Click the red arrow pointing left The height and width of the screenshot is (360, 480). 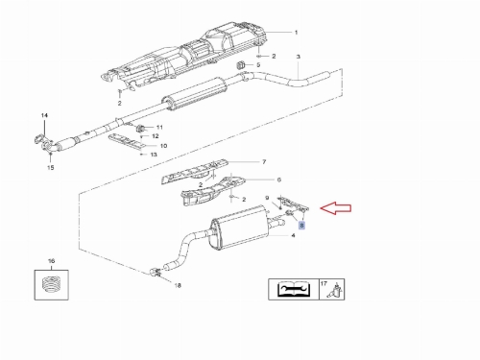[x=336, y=208]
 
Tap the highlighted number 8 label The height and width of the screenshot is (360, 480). [x=301, y=226]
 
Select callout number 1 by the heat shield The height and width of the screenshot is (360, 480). [x=296, y=33]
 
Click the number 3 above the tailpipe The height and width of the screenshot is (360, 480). [x=299, y=57]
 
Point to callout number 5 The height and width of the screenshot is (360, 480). [x=258, y=64]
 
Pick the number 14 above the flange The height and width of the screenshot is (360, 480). [x=44, y=115]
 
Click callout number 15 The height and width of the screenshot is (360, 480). [x=51, y=167]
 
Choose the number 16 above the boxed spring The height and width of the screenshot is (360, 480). [x=51, y=261]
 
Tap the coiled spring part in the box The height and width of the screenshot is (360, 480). [x=51, y=284]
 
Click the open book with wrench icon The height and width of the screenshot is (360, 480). [x=294, y=289]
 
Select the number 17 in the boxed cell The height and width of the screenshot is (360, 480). [x=324, y=283]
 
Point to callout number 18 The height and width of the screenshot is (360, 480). [x=178, y=285]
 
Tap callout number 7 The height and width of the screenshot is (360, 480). [x=264, y=162]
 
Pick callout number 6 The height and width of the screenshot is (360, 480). [x=278, y=180]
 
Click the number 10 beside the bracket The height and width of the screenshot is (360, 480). [x=163, y=146]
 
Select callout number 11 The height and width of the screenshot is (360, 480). [x=159, y=128]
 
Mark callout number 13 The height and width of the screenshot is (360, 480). [x=154, y=155]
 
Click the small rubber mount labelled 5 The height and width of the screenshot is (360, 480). [x=240, y=65]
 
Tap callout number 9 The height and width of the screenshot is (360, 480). [x=267, y=199]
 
